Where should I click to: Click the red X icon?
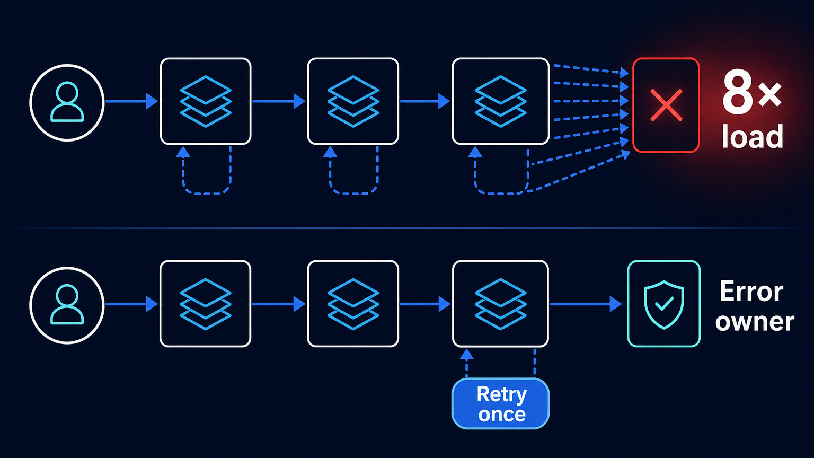(x=666, y=105)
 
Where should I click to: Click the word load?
(x=752, y=136)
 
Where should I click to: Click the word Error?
(x=751, y=291)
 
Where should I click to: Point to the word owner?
(x=755, y=322)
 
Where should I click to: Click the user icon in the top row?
(x=67, y=102)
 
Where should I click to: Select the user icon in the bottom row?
(x=67, y=305)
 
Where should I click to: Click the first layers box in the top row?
(x=206, y=101)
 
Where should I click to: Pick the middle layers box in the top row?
(x=353, y=101)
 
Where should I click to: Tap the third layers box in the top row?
(x=500, y=101)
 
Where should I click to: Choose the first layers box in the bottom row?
(x=206, y=304)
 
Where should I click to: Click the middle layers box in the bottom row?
(x=353, y=304)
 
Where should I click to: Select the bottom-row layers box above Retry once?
(x=500, y=304)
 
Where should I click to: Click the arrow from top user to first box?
(x=131, y=101)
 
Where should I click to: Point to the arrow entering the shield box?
(x=586, y=304)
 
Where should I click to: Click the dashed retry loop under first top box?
(x=206, y=193)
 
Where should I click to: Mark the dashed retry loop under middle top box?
(x=353, y=193)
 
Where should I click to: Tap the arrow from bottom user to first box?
(x=131, y=304)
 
